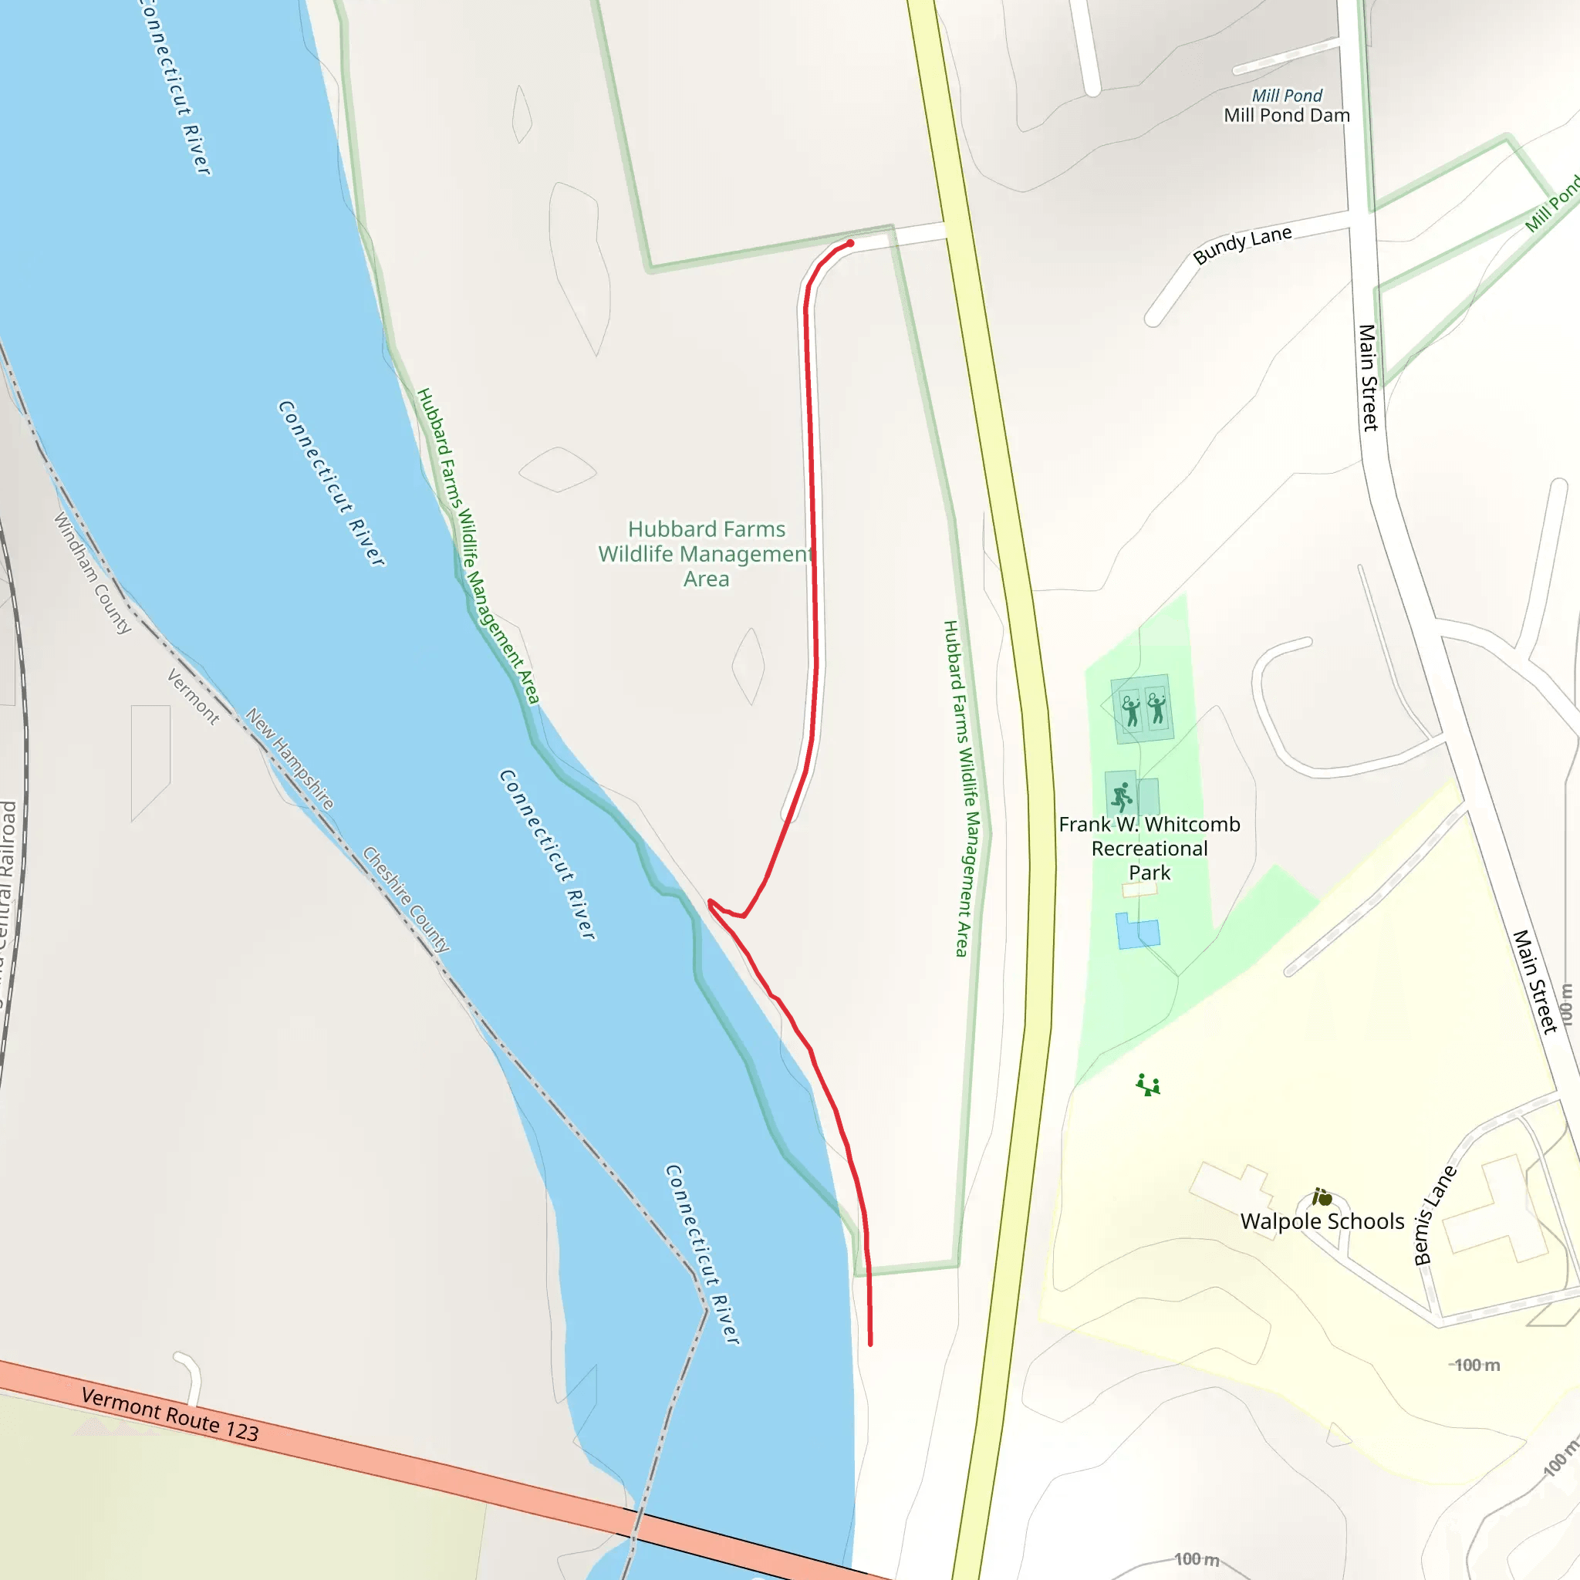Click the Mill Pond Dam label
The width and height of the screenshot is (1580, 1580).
point(1285,115)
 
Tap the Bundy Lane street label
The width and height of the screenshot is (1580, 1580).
point(1241,245)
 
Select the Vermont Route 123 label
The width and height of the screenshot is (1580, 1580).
point(170,1415)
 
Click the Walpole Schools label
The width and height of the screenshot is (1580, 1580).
point(1322,1221)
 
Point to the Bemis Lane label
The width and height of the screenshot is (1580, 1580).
point(1435,1214)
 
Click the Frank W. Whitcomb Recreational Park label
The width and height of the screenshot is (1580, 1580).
point(1149,848)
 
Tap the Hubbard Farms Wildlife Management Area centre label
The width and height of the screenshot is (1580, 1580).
point(706,554)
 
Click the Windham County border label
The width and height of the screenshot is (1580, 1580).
point(93,572)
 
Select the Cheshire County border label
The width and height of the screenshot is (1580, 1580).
point(406,899)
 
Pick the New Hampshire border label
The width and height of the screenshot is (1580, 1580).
point(289,758)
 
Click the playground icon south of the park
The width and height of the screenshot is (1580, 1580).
point(1148,1085)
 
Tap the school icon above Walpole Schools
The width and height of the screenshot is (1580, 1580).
point(1322,1197)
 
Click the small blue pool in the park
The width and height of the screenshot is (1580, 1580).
point(1136,931)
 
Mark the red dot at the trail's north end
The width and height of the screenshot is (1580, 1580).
point(850,243)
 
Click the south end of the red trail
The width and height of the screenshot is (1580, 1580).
point(870,1344)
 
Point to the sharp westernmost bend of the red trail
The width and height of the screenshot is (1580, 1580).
point(710,903)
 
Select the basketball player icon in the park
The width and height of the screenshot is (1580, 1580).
point(1121,794)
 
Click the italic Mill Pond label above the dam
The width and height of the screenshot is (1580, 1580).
point(1286,96)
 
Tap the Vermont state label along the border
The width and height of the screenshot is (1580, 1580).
point(193,697)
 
